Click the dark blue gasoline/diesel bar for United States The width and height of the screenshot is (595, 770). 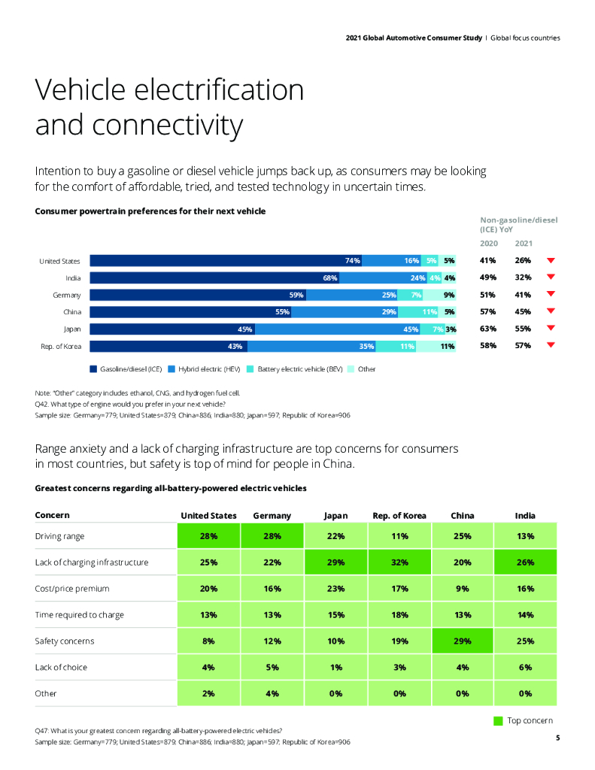[226, 261]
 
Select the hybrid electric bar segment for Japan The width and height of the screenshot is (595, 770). [338, 329]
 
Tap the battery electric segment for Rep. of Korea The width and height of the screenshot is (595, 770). [396, 347]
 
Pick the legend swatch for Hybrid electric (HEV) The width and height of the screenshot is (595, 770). [172, 369]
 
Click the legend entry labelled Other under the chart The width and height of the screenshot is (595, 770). [366, 369]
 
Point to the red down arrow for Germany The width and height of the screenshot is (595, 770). [551, 295]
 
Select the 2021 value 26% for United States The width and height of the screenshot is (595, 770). [523, 261]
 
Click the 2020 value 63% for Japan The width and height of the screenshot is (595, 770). [487, 329]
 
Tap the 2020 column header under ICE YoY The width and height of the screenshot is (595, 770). [488, 244]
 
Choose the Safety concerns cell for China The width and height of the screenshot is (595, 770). [462, 641]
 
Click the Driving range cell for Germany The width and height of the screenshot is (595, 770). [272, 536]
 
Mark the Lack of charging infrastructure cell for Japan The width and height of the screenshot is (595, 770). [335, 562]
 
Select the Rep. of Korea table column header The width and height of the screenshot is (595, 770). [399, 516]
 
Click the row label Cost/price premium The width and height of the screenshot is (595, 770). [72, 589]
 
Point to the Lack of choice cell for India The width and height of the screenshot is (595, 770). [525, 668]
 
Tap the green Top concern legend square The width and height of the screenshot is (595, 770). [498, 720]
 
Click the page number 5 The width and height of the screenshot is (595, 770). [557, 738]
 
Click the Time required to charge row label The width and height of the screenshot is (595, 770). [80, 615]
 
